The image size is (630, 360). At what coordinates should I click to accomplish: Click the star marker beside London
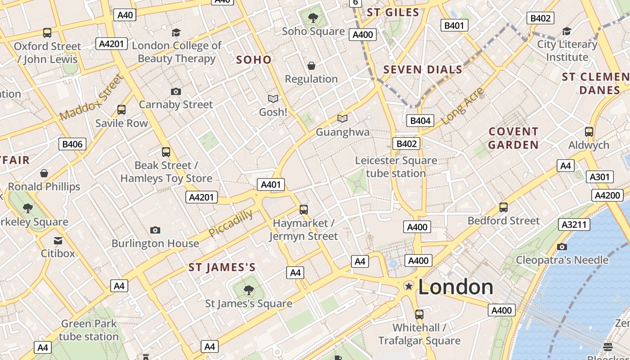point(409,286)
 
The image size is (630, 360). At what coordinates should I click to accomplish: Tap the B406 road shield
point(72,144)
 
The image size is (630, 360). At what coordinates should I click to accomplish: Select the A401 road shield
point(271,184)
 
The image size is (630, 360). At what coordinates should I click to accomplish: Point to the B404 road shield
point(420,120)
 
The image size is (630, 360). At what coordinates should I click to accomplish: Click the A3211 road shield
point(574,224)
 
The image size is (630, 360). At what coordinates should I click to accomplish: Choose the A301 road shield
point(599,177)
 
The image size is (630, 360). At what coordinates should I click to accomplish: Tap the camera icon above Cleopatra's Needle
point(562,247)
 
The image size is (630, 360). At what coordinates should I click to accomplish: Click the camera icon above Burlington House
point(155,230)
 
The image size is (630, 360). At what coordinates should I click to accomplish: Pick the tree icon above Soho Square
point(313,18)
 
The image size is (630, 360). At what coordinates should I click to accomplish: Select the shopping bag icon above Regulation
point(311,66)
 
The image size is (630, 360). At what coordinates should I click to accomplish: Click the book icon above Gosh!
point(273,99)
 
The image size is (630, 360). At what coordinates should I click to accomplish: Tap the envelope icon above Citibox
point(58,240)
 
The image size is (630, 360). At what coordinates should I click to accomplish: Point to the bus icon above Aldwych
point(589,132)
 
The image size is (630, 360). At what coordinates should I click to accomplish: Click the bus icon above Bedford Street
point(503,207)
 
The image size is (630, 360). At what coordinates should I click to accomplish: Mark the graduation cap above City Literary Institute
point(567,31)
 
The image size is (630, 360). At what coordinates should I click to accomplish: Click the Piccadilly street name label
point(230,223)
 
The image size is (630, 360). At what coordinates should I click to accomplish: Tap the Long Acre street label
point(463,106)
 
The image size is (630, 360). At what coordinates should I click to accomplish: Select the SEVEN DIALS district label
point(423,70)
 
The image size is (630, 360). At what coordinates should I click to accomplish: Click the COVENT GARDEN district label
point(513,138)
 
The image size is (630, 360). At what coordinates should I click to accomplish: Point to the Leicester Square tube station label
point(396,167)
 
